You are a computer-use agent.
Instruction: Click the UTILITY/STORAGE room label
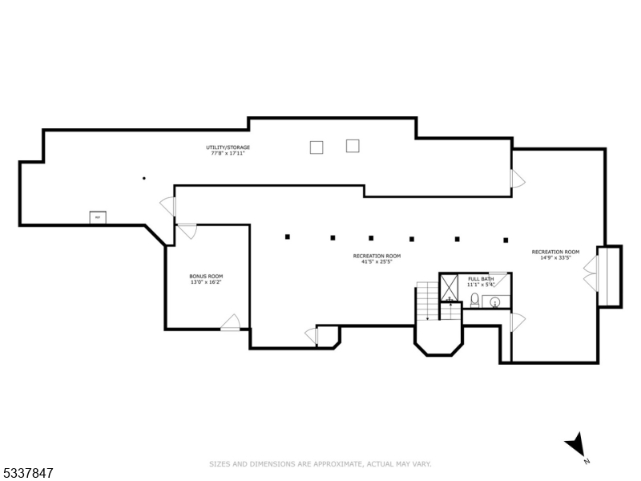coord(228,148)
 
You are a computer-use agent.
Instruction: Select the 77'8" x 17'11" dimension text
coord(228,154)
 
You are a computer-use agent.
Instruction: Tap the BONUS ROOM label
coord(206,276)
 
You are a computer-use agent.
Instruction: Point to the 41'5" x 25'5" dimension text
coord(377,262)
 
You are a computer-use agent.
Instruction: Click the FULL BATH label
coord(481,278)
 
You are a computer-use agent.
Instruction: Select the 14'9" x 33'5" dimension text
coord(555,258)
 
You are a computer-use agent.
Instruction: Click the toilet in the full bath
coord(475,301)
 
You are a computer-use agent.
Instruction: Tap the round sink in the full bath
coord(495,302)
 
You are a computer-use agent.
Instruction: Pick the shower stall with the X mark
coord(450,285)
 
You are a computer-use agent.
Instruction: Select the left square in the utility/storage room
coord(316,147)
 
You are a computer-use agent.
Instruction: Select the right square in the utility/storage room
coord(353,145)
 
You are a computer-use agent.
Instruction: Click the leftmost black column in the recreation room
coord(288,236)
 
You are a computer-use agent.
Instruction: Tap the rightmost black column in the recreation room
coord(506,239)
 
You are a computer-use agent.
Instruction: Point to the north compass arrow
coord(576,446)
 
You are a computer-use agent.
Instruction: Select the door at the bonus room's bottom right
coord(232,322)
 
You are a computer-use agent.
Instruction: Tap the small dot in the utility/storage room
coord(143,178)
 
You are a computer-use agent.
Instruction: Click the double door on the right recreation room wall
coord(591,273)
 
